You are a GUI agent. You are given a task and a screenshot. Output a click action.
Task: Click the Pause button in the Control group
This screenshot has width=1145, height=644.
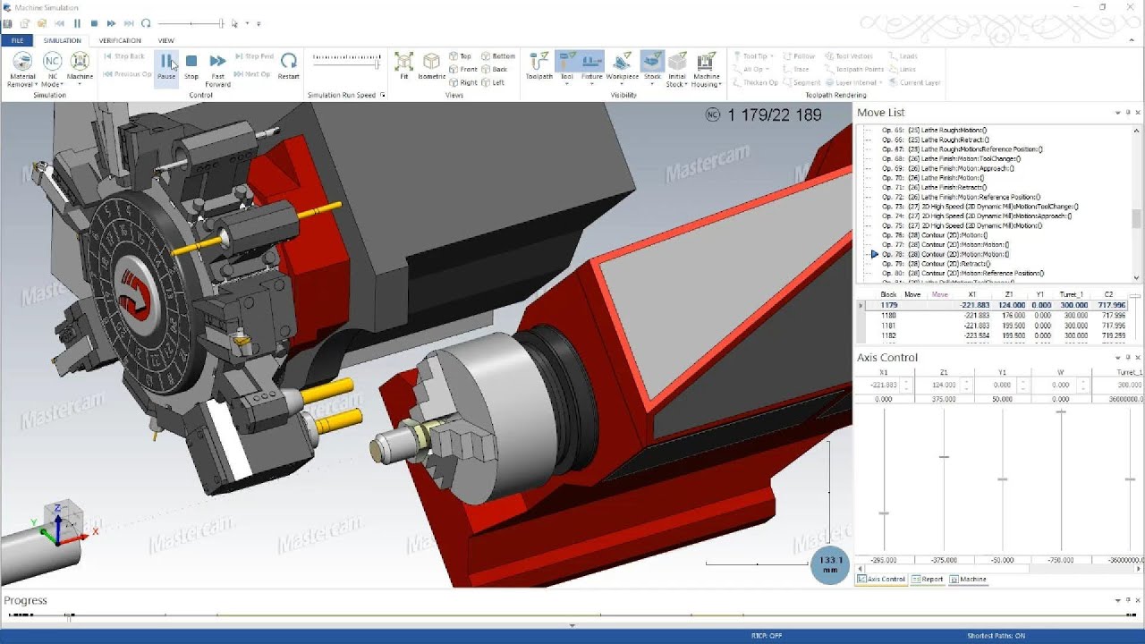point(165,65)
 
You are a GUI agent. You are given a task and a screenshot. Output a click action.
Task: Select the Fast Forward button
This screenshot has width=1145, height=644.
point(217,67)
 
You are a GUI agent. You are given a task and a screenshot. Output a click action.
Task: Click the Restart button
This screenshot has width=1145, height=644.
point(288,65)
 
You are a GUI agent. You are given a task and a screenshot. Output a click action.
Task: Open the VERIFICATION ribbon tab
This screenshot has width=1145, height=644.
point(120,40)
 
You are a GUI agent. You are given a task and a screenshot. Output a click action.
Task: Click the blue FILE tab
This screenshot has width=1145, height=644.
point(17,40)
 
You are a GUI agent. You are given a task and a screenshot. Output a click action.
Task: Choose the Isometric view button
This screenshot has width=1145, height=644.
point(431,65)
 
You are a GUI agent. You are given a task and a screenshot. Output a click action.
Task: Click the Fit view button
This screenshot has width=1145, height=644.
point(403,65)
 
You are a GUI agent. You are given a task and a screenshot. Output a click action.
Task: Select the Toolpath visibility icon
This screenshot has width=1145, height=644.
point(539,65)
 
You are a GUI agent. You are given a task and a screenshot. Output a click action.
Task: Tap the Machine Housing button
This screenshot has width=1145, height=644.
point(706,67)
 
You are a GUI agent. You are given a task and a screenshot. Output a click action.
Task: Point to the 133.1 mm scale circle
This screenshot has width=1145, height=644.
point(829,564)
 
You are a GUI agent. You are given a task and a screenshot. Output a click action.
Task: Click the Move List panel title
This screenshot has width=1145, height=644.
point(880,113)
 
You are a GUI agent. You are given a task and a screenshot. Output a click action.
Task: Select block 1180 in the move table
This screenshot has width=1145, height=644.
point(888,315)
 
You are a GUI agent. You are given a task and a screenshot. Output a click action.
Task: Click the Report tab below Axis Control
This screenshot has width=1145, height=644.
point(928,579)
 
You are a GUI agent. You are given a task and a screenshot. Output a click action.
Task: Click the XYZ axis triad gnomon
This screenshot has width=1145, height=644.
point(59,527)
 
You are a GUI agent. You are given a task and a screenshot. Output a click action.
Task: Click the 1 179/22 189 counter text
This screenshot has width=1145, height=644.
point(775,114)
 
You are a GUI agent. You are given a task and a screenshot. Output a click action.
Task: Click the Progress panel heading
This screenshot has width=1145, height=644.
point(25,600)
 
